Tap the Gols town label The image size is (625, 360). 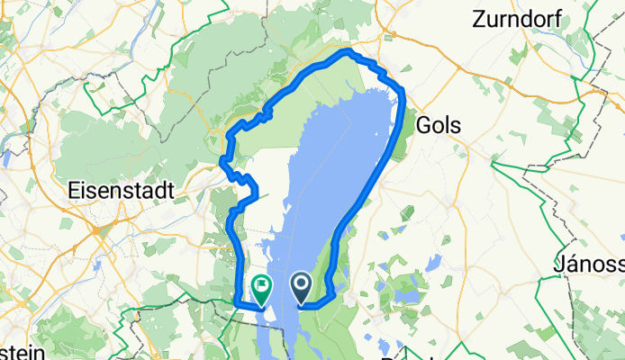pyautogui.click(x=439, y=126)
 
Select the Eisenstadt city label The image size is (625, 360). pyautogui.click(x=126, y=191)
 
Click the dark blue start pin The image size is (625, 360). pyautogui.click(x=300, y=287)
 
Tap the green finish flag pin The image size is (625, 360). pyautogui.click(x=261, y=288)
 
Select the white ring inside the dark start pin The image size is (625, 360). pyautogui.click(x=300, y=285)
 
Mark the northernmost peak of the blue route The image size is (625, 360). pyautogui.click(x=346, y=51)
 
